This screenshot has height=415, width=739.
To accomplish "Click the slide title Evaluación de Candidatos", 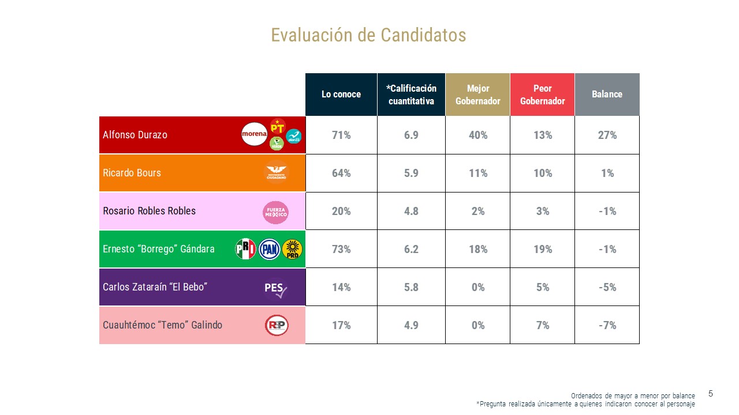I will point(368,35).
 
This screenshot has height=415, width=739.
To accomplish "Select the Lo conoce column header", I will point(341,95).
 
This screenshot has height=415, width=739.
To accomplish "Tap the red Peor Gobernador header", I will point(542,95).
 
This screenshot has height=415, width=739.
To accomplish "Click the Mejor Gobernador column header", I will point(477,95).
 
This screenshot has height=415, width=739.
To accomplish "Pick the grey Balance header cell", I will point(607,95).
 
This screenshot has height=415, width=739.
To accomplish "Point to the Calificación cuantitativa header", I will point(411,95).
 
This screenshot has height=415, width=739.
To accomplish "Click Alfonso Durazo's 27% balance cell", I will point(607,135).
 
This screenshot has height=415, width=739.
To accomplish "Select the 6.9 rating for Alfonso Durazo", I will point(411,135).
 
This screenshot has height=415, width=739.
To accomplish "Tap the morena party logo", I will point(254,134).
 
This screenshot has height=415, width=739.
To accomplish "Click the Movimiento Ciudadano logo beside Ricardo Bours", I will point(276,173).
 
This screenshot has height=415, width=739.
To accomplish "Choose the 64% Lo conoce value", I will point(341,173).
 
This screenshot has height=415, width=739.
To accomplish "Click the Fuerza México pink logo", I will point(275,212).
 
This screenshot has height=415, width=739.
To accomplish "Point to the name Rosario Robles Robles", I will point(149,211).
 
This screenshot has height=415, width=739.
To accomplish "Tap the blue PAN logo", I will point(269,250).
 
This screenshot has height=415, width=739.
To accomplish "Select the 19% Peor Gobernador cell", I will point(542,250).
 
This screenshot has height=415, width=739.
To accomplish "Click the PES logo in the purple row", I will point(275,288).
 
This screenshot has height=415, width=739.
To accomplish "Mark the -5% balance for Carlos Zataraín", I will point(607,288).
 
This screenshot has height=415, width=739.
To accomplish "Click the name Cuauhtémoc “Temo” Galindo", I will point(162,325).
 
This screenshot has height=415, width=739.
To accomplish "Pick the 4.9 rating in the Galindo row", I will point(411,326).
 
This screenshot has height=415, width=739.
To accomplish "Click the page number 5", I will point(711,394).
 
